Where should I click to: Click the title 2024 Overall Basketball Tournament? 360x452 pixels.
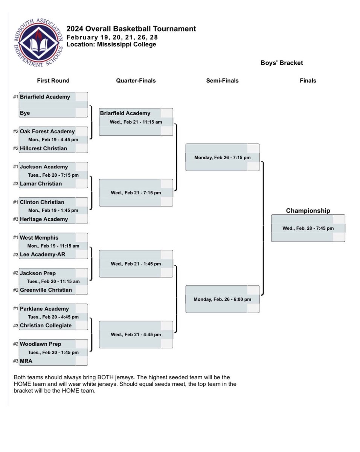(x=131, y=29)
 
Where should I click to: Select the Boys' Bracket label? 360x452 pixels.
(x=282, y=63)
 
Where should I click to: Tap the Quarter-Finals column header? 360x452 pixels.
(x=136, y=81)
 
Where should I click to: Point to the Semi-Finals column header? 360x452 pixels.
(x=222, y=81)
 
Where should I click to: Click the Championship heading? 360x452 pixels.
(x=308, y=211)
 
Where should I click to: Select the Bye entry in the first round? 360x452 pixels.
(x=25, y=113)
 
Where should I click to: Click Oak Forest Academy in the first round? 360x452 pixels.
(x=47, y=131)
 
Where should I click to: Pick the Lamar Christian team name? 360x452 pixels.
(x=41, y=184)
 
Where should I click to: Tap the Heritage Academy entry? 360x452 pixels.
(x=44, y=219)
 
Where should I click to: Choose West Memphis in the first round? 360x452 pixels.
(x=39, y=238)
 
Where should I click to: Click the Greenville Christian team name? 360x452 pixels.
(x=46, y=290)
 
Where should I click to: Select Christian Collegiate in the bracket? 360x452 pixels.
(x=46, y=325)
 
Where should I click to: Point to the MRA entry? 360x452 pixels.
(x=26, y=361)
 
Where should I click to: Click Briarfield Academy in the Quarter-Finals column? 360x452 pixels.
(x=125, y=113)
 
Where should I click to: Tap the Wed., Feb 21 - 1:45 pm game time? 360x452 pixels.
(x=136, y=264)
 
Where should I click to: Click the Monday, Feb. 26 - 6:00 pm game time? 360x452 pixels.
(x=222, y=299)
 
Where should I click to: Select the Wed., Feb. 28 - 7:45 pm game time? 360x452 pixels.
(x=308, y=228)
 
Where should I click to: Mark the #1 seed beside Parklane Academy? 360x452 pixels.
(x=15, y=308)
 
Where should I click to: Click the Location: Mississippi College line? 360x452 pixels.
(x=111, y=44)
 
